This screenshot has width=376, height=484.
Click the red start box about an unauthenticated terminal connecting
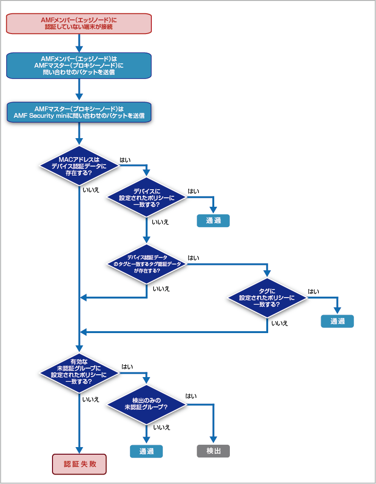point(79,24)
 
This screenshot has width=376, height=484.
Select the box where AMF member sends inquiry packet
point(79,65)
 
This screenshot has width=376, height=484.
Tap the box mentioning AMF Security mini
point(79,112)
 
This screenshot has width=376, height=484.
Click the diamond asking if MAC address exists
point(79,166)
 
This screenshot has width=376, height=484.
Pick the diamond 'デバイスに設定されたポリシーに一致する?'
point(147,197)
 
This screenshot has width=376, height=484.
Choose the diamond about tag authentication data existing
point(147,264)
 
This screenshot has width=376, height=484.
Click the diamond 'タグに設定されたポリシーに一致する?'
point(267,298)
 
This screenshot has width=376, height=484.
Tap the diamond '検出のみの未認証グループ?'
point(147,405)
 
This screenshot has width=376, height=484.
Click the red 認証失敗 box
point(79,464)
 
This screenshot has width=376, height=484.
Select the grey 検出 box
point(213,451)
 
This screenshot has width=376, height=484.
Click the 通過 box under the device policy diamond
point(213,220)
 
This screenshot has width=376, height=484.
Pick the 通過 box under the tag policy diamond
point(337,321)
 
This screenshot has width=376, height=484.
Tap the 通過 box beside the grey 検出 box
point(146,451)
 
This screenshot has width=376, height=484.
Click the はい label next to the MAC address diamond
point(125,160)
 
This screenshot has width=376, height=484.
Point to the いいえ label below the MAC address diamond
point(91,190)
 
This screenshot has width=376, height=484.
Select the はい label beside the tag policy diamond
point(314,291)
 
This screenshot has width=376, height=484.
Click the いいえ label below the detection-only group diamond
point(162,428)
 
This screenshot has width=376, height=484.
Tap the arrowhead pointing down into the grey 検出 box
point(213,440)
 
